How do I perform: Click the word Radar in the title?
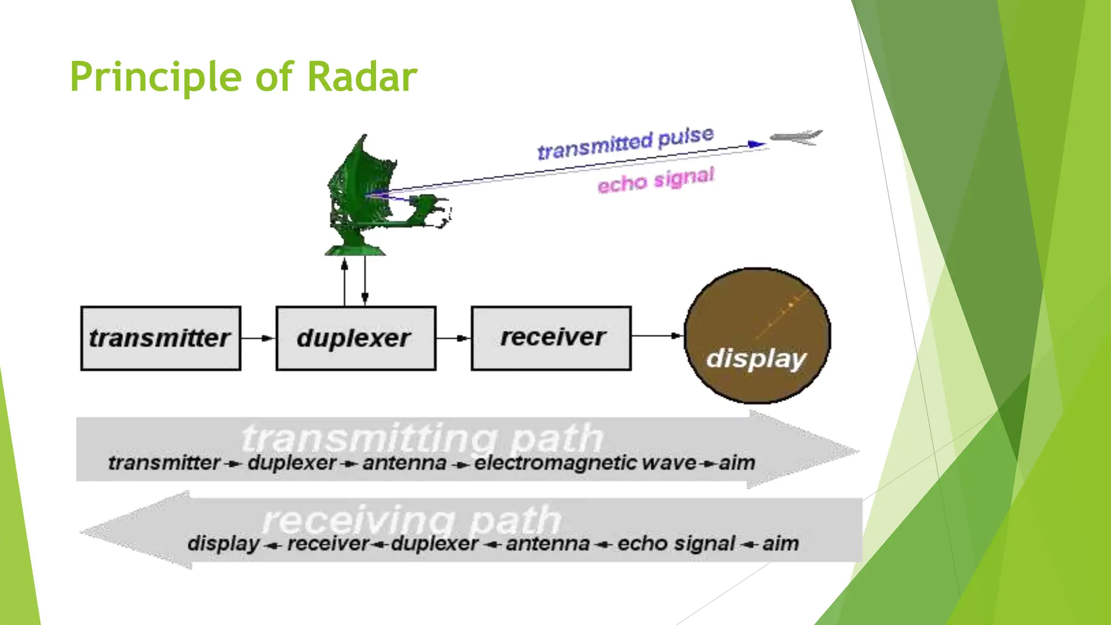[362, 77]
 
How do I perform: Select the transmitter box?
[161, 338]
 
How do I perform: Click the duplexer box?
[356, 338]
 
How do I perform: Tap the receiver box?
[551, 338]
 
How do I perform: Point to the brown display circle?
[757, 335]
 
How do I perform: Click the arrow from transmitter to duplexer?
[258, 338]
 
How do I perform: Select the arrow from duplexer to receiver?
[454, 338]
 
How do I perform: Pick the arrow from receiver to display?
[657, 335]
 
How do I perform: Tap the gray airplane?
[796, 137]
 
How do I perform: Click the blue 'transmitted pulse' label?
[625, 143]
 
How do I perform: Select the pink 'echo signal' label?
[655, 180]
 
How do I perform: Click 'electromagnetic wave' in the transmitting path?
[585, 463]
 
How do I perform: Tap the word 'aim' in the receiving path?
[780, 543]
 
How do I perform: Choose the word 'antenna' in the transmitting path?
[404, 463]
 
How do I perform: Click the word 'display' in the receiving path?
[224, 543]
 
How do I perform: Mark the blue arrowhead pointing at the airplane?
[757, 144]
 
